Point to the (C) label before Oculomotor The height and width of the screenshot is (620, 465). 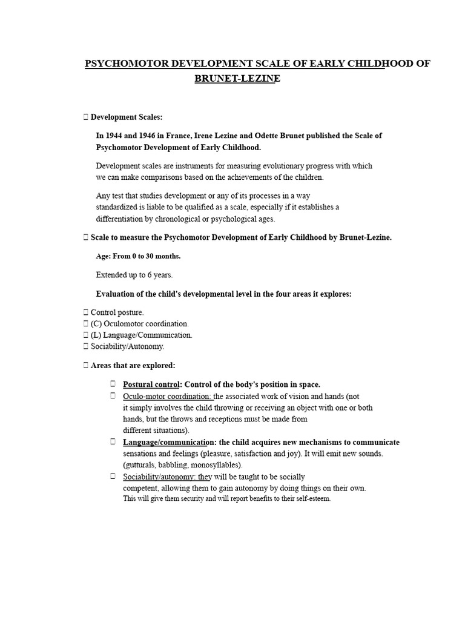click(96, 324)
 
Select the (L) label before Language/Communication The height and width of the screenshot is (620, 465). click(96, 335)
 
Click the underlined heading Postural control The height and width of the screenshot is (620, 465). click(151, 384)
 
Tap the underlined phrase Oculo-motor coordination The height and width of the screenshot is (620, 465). click(167, 396)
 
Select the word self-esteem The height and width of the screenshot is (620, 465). click(311, 498)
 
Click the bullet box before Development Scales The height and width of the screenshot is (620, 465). click(86, 117)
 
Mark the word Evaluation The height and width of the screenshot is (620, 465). click(117, 294)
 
